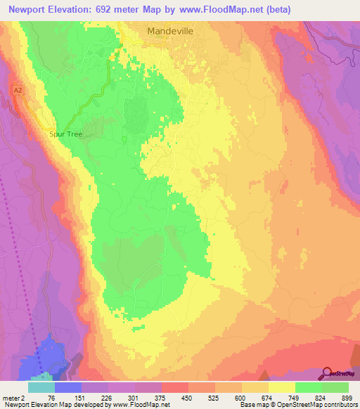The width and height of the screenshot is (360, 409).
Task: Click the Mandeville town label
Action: click(169, 31)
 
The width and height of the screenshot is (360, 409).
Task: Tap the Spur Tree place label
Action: click(66, 134)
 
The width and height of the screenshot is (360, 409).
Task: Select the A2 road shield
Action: click(19, 89)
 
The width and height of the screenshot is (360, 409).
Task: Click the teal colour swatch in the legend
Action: click(41, 387)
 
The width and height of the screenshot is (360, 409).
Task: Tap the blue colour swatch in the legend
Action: click(68, 387)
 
